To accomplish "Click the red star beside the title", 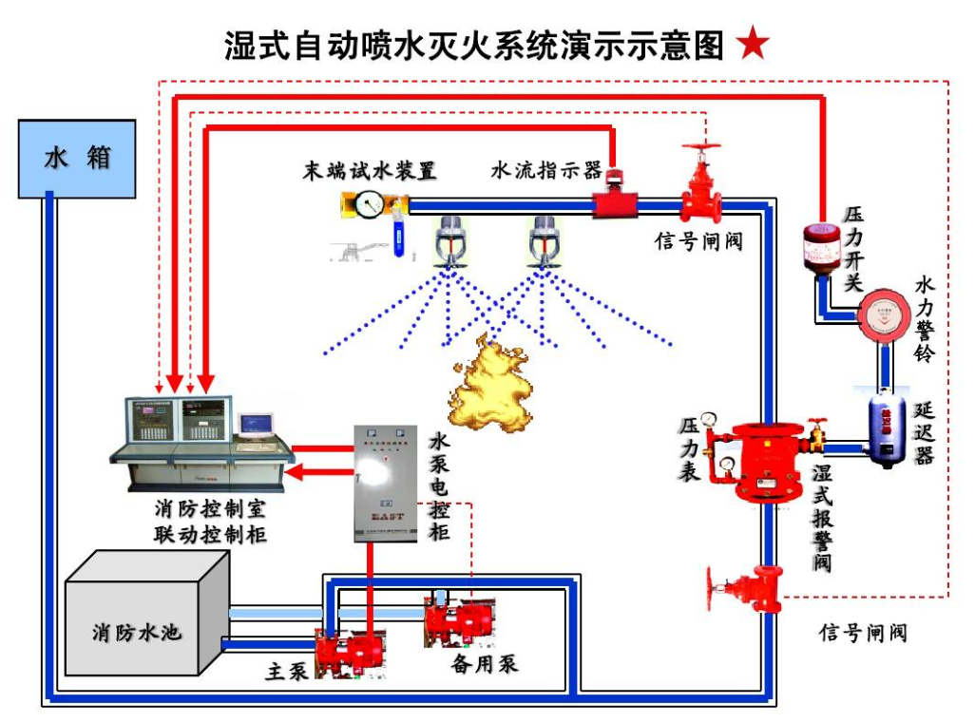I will pos(753,44).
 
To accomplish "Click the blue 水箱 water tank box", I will pos(76,158).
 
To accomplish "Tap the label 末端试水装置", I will pos(369,171).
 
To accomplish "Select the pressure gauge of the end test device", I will pos(370,202).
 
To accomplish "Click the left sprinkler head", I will pos(448,242).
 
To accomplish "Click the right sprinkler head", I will pos(545,242).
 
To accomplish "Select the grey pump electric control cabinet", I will pos(385,483).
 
